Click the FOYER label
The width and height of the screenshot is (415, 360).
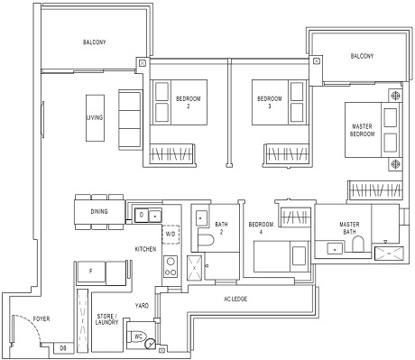click(42, 318)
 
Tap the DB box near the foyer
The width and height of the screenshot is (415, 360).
click(62, 347)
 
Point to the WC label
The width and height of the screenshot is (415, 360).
click(139, 337)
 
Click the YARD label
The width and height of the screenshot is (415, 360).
click(142, 306)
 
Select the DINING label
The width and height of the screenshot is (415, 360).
click(100, 213)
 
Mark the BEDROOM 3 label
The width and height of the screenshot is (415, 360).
click(270, 102)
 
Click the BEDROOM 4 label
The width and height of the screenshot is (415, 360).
click(261, 227)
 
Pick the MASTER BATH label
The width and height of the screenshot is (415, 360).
click(351, 227)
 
